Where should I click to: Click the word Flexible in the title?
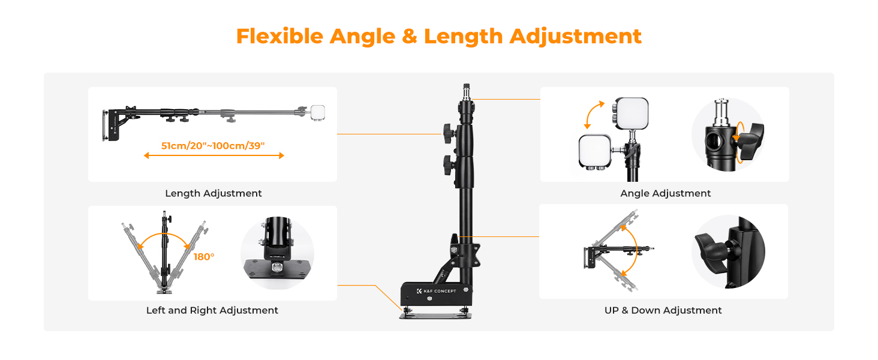coord(280,36)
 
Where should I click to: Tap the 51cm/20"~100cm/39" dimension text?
coord(213,146)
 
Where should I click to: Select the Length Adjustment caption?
coord(214,193)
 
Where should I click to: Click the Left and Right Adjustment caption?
coord(212,311)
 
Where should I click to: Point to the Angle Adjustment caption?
coord(665,193)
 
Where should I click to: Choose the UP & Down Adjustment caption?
coord(663,311)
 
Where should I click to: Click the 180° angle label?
coord(204,257)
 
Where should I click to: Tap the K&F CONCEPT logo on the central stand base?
coord(436,291)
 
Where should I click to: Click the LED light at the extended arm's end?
coord(317,112)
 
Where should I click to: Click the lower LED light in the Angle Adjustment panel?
coord(595,151)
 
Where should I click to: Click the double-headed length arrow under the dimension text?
coord(214,155)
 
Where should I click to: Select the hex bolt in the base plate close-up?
coord(277,268)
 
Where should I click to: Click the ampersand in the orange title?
coord(410,36)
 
